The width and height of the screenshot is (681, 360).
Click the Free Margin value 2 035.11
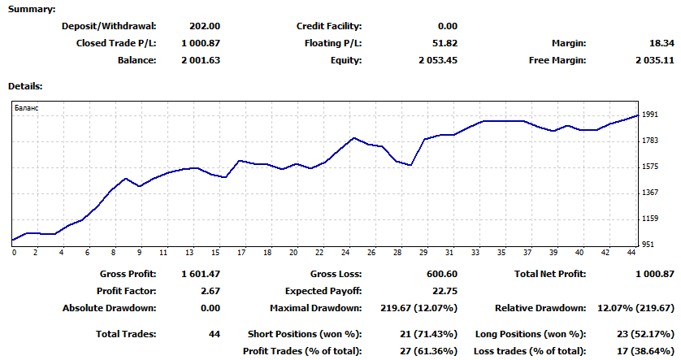tap(655, 60)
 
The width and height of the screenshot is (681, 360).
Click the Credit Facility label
tap(329, 26)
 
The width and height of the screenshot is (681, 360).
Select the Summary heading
tap(33, 9)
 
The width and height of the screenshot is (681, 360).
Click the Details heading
tap(25, 85)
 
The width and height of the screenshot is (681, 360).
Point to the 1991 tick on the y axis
tap(649, 115)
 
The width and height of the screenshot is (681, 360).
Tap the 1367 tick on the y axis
tap(649, 193)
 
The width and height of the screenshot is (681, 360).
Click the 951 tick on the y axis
tap(648, 244)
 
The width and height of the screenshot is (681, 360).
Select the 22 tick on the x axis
tap(319, 253)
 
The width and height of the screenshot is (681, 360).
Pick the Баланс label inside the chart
tap(27, 107)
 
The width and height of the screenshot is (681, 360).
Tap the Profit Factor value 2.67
tap(210, 291)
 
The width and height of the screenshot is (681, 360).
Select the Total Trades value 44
tap(214, 334)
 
